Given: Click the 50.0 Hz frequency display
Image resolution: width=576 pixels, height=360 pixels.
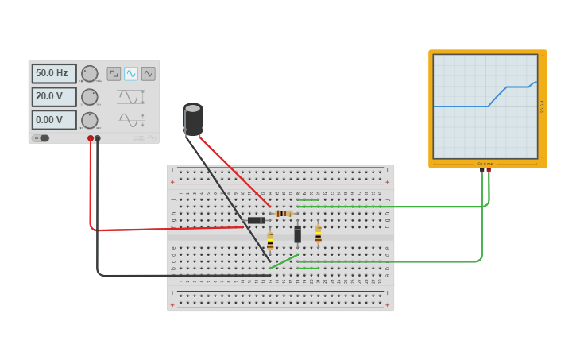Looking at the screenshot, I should point(54,73).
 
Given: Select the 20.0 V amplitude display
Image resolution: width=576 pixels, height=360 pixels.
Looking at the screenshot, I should point(54,96).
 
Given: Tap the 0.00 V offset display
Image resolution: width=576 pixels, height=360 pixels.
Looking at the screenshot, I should point(54,120).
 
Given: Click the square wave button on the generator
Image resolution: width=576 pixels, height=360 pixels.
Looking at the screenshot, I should point(114,74).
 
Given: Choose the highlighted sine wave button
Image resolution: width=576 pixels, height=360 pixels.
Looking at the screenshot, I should point(131,74).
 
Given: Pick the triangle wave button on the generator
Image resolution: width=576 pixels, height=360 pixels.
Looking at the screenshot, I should point(149,74).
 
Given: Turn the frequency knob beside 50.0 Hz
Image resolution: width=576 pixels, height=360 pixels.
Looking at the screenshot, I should point(90,74).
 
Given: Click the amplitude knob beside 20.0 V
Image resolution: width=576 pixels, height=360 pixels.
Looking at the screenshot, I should point(90,97).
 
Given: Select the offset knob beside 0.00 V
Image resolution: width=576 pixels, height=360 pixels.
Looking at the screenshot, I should point(90,120).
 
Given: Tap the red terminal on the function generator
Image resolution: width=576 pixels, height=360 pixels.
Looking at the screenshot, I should point(91,138).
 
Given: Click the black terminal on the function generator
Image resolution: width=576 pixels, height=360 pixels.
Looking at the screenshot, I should point(98,138).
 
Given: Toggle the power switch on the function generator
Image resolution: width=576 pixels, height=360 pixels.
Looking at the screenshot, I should point(42,138).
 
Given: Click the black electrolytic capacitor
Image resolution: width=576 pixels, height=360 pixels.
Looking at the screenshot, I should point(193,118).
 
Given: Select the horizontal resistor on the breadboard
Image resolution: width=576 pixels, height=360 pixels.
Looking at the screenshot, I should point(284,213).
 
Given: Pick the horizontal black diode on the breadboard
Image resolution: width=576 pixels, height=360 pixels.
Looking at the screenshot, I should point(256,220).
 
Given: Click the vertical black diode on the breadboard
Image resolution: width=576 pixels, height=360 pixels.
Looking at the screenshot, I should point(298,234).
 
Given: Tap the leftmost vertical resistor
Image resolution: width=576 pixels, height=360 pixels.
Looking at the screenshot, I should point(270,240).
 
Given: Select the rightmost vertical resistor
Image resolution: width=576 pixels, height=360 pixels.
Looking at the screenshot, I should point(319,234).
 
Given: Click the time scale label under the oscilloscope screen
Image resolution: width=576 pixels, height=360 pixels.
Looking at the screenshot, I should point(482,164).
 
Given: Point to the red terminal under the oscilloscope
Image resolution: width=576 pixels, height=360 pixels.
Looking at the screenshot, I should point(489,169).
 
